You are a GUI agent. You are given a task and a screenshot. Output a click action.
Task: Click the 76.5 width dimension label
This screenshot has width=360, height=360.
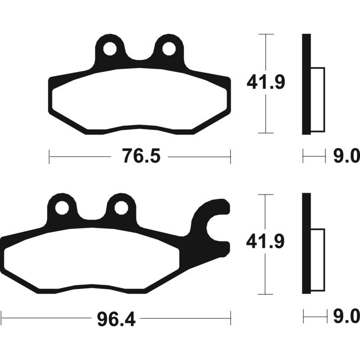pyautogui.click(x=141, y=156)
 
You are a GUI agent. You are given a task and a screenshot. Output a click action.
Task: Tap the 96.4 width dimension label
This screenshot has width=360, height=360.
pyautogui.click(x=116, y=319)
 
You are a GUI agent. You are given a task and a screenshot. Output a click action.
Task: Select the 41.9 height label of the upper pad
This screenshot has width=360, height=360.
pyautogui.click(x=266, y=82)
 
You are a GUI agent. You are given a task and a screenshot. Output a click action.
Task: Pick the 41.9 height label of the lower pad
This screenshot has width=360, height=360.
pyautogui.click(x=265, y=242)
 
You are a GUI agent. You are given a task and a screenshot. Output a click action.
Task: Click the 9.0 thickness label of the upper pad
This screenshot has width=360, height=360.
pyautogui.click(x=346, y=156)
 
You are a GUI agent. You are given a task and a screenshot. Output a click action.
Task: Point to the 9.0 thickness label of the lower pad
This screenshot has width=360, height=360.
pyautogui.click(x=346, y=316)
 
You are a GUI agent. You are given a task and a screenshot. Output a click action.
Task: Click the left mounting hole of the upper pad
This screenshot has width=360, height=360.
pyautogui.click(x=110, y=49)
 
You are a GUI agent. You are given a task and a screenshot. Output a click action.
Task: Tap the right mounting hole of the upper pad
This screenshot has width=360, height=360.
pyautogui.click(x=169, y=49)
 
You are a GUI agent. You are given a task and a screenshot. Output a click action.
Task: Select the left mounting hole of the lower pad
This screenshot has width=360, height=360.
pyautogui.click(x=62, y=208)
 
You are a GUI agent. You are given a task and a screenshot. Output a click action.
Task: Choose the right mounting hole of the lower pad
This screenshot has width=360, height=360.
pyautogui.click(x=121, y=208)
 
